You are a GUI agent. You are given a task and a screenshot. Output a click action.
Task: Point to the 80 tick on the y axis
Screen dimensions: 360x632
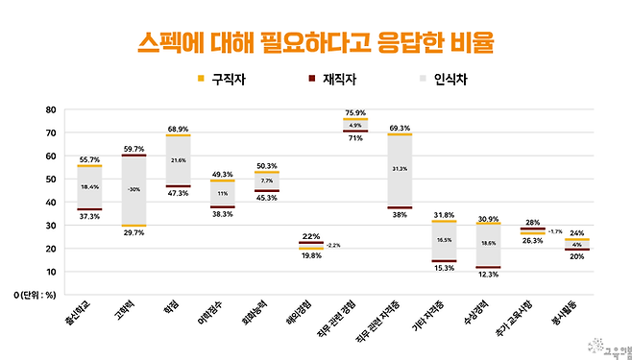(50, 109)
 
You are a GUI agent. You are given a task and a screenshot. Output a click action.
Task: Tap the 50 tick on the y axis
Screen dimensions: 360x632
(50, 180)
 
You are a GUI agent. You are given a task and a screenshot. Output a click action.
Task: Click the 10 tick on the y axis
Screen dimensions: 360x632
(50, 273)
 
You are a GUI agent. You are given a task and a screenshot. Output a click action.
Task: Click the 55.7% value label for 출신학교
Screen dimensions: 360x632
(89, 159)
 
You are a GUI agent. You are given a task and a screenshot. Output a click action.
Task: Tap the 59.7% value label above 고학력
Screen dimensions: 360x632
(133, 149)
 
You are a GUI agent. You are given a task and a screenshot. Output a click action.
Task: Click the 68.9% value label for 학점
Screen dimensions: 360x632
(177, 129)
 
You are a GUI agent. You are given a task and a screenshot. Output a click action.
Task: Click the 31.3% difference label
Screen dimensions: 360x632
(400, 169)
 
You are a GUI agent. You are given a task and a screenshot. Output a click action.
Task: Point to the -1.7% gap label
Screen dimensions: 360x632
(554, 231)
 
